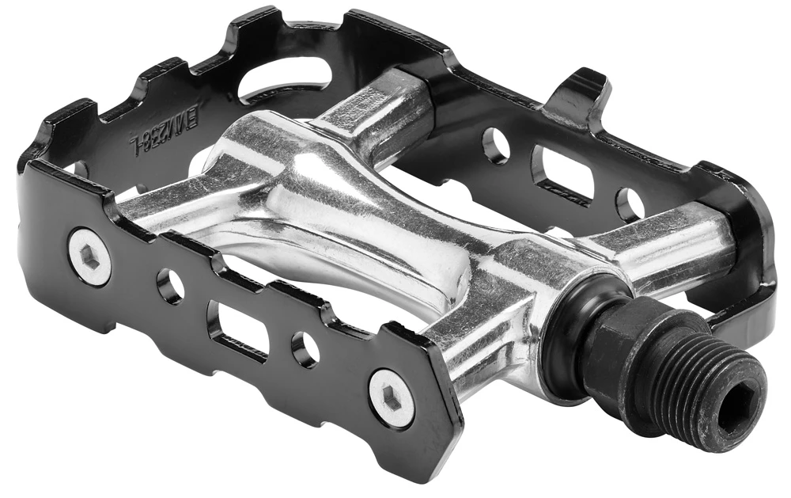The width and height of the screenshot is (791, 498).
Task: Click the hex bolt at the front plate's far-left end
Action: click(89, 257)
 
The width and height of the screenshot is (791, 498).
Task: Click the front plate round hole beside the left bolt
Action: click(169, 286)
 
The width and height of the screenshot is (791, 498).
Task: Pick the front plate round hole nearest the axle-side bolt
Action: click(305, 349)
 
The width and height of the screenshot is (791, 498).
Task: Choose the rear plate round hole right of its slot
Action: click(630, 204)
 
